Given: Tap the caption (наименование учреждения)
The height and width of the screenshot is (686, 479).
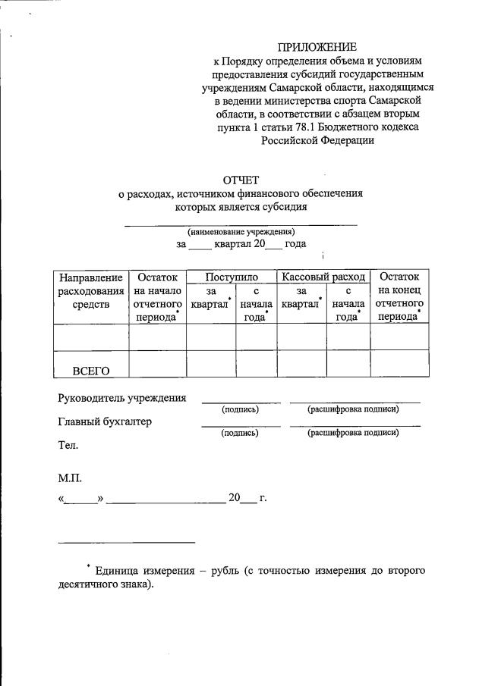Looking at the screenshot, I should click(241, 232).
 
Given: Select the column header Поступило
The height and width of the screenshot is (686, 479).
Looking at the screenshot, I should click(231, 277).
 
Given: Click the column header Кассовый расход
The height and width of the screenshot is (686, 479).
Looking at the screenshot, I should click(323, 277).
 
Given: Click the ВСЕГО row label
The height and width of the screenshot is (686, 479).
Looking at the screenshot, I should click(91, 370).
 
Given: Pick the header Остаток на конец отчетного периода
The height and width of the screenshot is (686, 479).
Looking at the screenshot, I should click(399, 296).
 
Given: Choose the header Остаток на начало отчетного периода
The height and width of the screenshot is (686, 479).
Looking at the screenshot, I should click(157, 296).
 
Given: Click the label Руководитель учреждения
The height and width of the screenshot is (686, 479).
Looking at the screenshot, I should click(121, 398).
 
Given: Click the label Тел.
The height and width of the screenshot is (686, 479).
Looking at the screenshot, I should click(68, 446).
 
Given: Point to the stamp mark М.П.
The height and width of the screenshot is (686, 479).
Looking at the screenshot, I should click(70, 479).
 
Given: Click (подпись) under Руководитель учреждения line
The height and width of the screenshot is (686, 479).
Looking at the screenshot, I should click(240, 409).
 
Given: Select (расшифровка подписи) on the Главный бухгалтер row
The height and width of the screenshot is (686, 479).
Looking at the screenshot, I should click(353, 433).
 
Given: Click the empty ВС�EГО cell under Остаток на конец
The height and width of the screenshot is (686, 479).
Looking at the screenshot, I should click(399, 364).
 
